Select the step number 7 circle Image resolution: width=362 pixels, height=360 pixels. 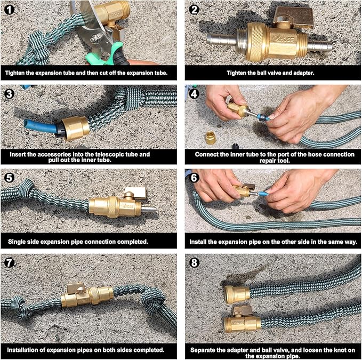[x=11, y=263]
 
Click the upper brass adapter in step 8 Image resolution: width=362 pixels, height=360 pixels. [x=236, y=293]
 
